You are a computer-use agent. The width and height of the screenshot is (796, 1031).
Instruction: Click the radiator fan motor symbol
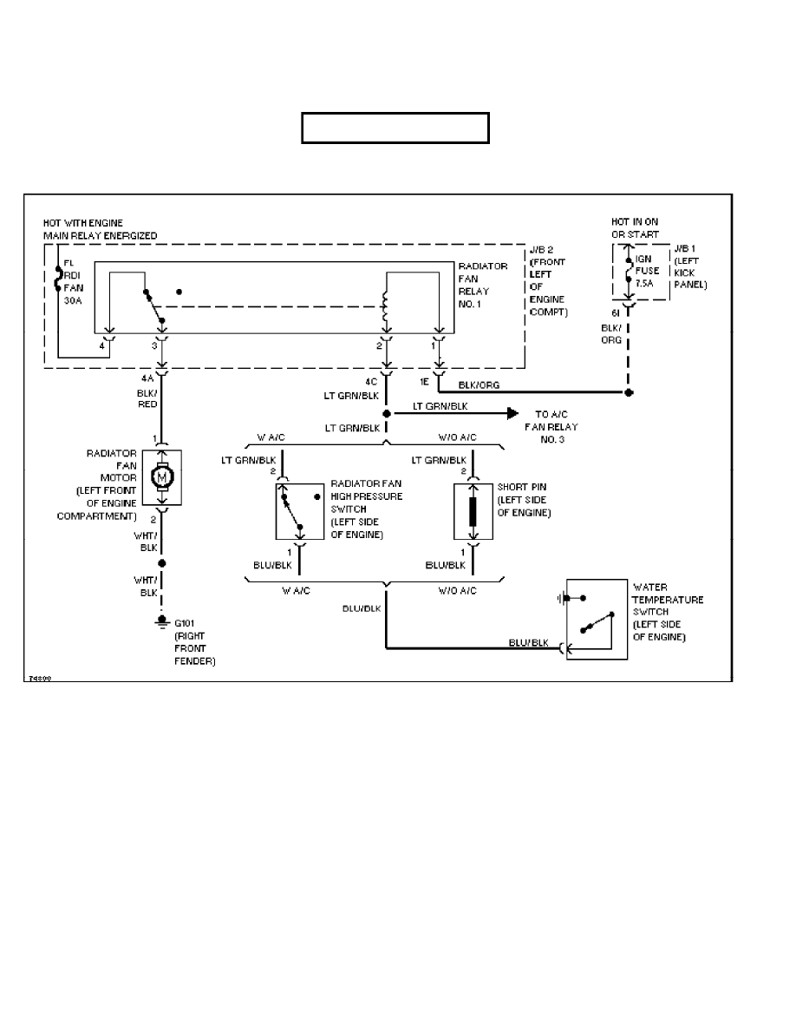click(161, 476)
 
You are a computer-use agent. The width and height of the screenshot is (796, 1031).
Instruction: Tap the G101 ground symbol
click(161, 621)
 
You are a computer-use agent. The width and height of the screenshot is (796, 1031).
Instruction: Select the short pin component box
click(473, 512)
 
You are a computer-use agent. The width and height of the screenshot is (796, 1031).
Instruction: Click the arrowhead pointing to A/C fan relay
click(512, 414)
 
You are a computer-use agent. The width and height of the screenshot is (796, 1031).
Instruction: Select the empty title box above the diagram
click(395, 127)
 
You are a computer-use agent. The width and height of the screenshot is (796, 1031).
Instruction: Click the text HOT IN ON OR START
click(635, 228)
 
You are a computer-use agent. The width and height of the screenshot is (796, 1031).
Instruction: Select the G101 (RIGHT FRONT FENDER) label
click(192, 642)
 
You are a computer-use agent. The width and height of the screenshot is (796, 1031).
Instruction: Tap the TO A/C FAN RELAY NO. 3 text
click(551, 427)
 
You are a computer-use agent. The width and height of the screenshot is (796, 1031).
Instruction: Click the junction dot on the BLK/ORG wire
click(629, 393)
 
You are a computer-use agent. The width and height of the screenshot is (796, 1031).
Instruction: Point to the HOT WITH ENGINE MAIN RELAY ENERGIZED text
click(101, 229)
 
